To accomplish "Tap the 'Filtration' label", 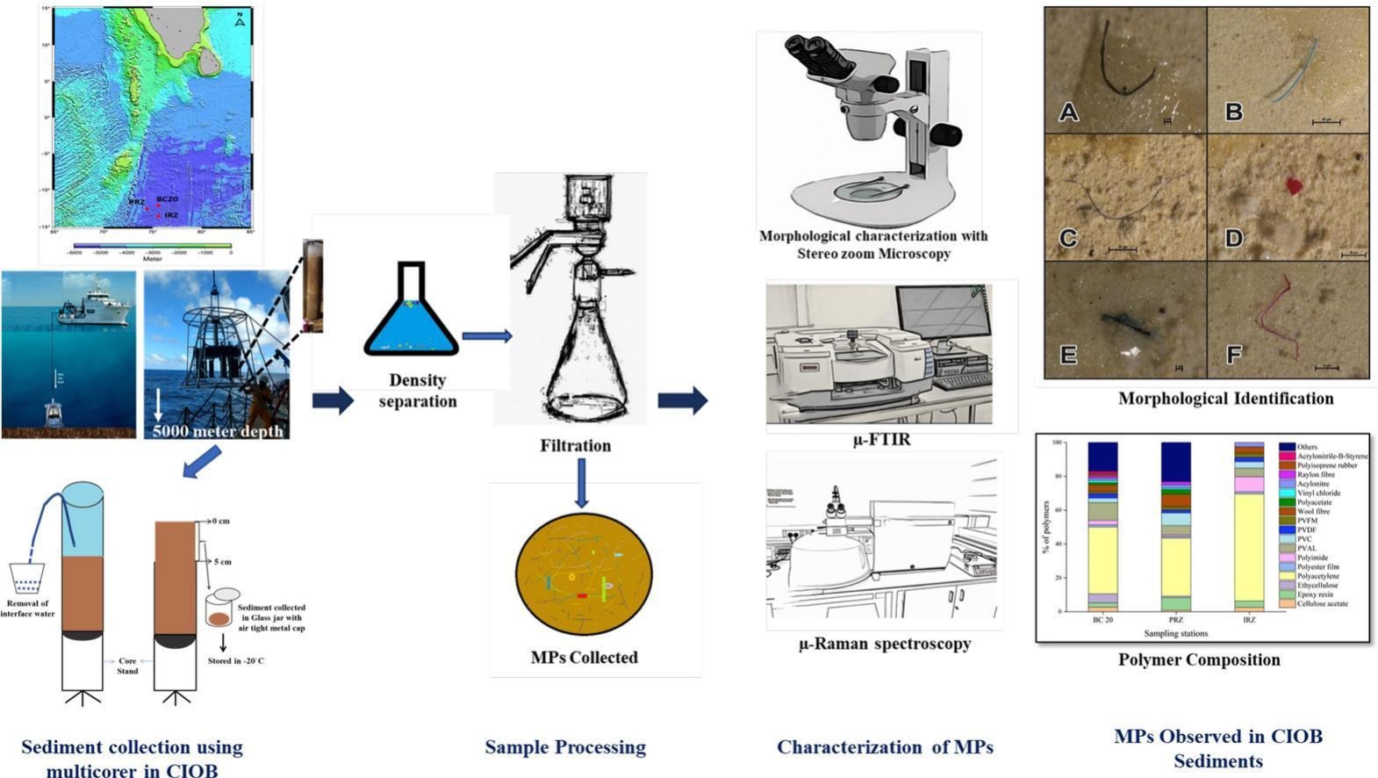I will tap(575, 445).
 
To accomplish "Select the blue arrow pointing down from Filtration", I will tap(581, 482).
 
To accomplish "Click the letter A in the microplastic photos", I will tap(1068, 112).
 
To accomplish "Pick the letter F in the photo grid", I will tap(1233, 355).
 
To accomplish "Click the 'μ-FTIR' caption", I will tap(881, 440).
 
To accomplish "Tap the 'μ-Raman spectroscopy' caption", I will tap(884, 644).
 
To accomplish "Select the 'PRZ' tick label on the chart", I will tap(1175, 620).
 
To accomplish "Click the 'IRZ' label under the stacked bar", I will tap(1248, 620).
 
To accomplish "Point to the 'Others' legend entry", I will tap(1307, 447).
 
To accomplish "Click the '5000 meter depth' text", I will tap(218, 430).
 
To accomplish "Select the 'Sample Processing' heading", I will tap(565, 747).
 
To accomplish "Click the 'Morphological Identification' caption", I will tap(1225, 399).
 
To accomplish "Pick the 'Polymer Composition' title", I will tap(1199, 659).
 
